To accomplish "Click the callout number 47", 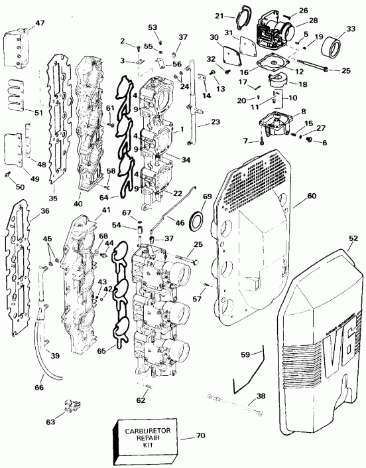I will [x=22, y=23].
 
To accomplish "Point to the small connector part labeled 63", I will [x=70, y=405].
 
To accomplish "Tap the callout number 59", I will [x=245, y=356].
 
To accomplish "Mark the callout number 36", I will [x=27, y=210].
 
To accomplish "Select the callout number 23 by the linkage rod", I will [x=215, y=121].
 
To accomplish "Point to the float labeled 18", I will [x=275, y=80].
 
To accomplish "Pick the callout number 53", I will [x=153, y=27].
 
